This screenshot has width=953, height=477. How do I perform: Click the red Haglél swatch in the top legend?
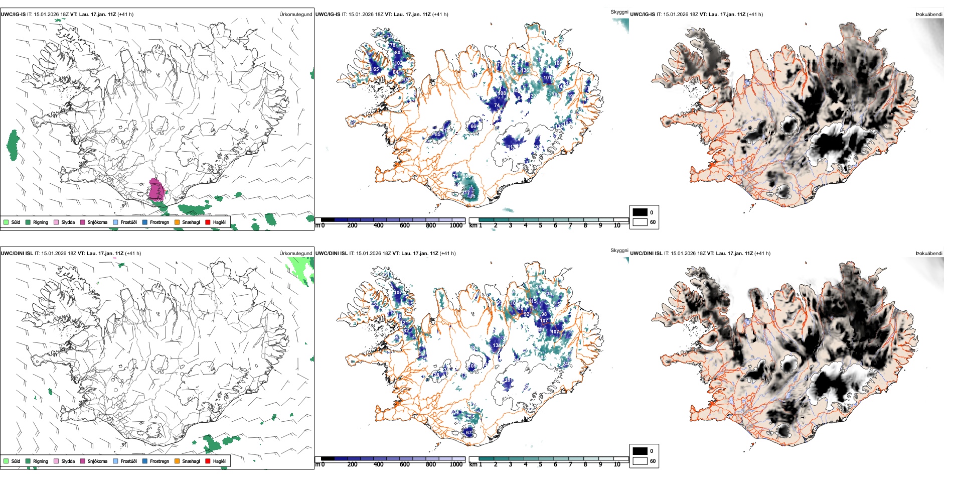coord(208,222)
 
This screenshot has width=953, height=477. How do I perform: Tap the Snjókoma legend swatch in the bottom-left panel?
coord(83,461)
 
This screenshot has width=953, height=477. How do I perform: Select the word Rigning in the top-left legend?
coord(41,222)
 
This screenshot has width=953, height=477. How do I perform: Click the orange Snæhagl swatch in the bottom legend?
coord(177,461)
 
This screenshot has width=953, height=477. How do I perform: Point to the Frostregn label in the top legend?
coord(159,222)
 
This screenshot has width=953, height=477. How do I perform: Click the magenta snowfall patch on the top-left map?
coord(156,190)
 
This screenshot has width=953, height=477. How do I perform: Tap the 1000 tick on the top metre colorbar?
coord(456,225)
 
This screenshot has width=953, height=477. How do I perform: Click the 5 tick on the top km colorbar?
coord(540,225)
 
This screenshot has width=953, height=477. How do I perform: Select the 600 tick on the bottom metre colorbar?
coord(405,464)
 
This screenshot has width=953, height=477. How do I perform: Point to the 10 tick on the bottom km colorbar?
coord(617,464)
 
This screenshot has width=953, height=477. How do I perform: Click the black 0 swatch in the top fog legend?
coord(640,212)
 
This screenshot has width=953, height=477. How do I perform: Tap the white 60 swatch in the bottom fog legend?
coord(640,461)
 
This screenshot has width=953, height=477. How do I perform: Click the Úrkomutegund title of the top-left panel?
coord(295,15)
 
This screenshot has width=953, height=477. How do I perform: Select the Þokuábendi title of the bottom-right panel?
coord(929,254)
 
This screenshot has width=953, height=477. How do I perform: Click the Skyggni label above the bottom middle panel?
coord(619,251)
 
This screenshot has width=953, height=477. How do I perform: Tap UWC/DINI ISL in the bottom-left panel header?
coord(17,254)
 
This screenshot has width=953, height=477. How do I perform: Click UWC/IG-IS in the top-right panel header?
coord(642,15)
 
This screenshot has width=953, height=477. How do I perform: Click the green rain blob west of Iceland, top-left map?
coord(13,145)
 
